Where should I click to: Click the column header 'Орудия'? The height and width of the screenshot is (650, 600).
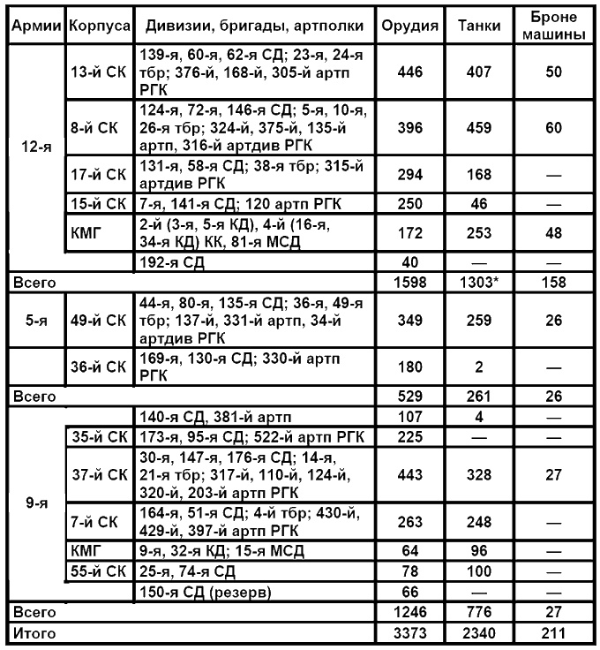(x=410, y=26)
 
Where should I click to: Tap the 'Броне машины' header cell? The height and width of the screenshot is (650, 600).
(x=553, y=26)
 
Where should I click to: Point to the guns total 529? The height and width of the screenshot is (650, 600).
(x=410, y=397)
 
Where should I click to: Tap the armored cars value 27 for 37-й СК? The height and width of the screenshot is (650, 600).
(x=553, y=475)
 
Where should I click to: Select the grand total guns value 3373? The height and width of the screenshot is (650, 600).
(x=410, y=631)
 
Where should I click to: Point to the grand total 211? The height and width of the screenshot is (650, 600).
(x=553, y=631)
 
